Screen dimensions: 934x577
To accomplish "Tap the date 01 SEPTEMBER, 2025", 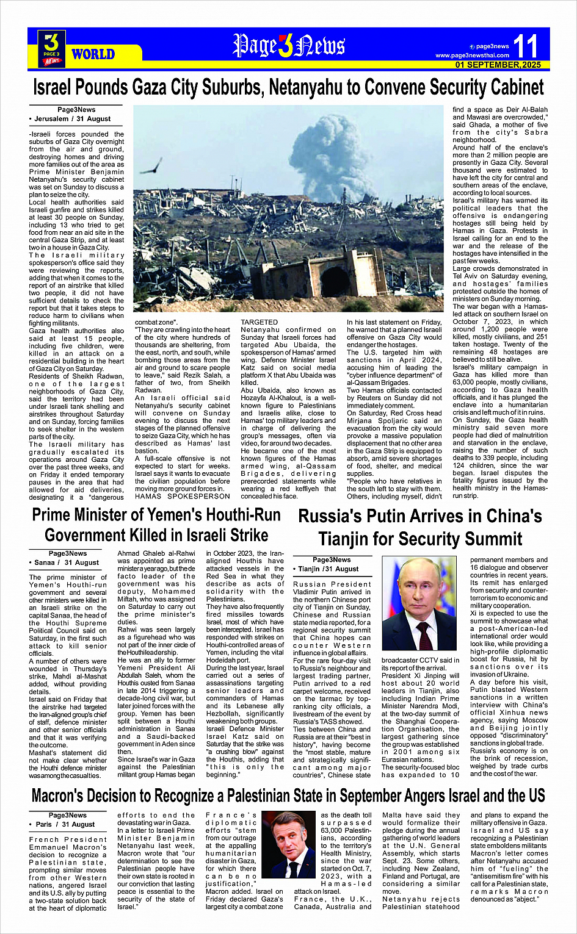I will pos(498,65).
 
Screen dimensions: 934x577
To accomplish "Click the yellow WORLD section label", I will pos(93,54).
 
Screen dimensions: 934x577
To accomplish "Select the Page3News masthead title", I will pos(288,46).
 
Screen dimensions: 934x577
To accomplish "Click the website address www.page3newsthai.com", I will pos(472,56).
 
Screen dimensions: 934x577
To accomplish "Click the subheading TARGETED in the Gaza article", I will pos(259,322).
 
